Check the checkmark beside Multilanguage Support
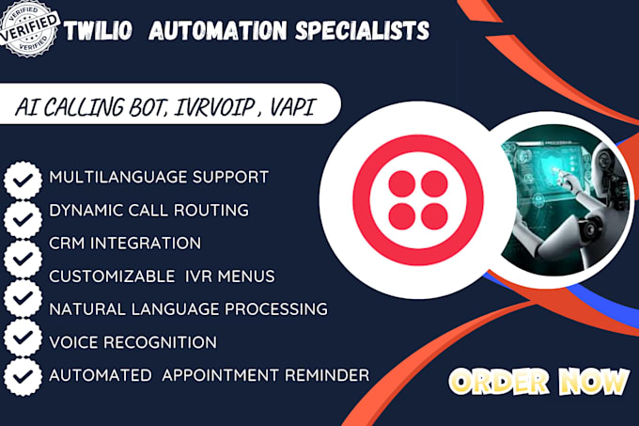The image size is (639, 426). [x=22, y=179]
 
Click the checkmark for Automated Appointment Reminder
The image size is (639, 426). [x=22, y=377]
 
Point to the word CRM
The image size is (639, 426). [x=67, y=243]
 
